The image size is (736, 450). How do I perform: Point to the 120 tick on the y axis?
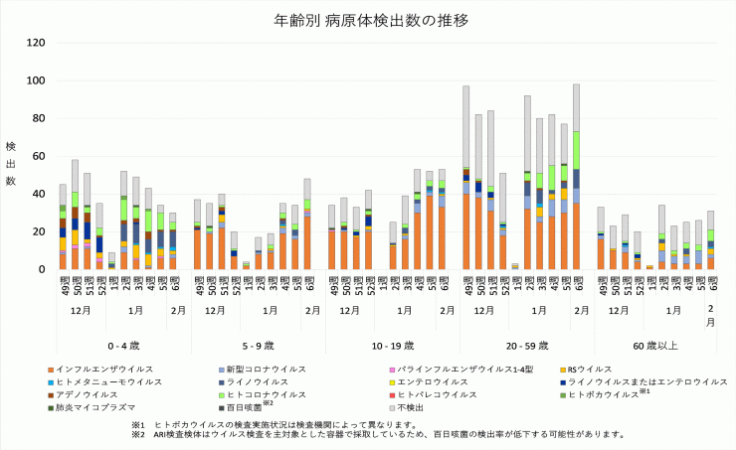pos(36,43)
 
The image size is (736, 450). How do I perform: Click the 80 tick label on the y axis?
pos(39,118)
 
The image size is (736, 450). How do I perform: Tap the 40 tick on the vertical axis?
pos(39,194)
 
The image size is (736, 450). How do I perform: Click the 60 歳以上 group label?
pos(655,345)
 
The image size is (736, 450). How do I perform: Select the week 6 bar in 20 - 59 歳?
pos(575,177)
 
